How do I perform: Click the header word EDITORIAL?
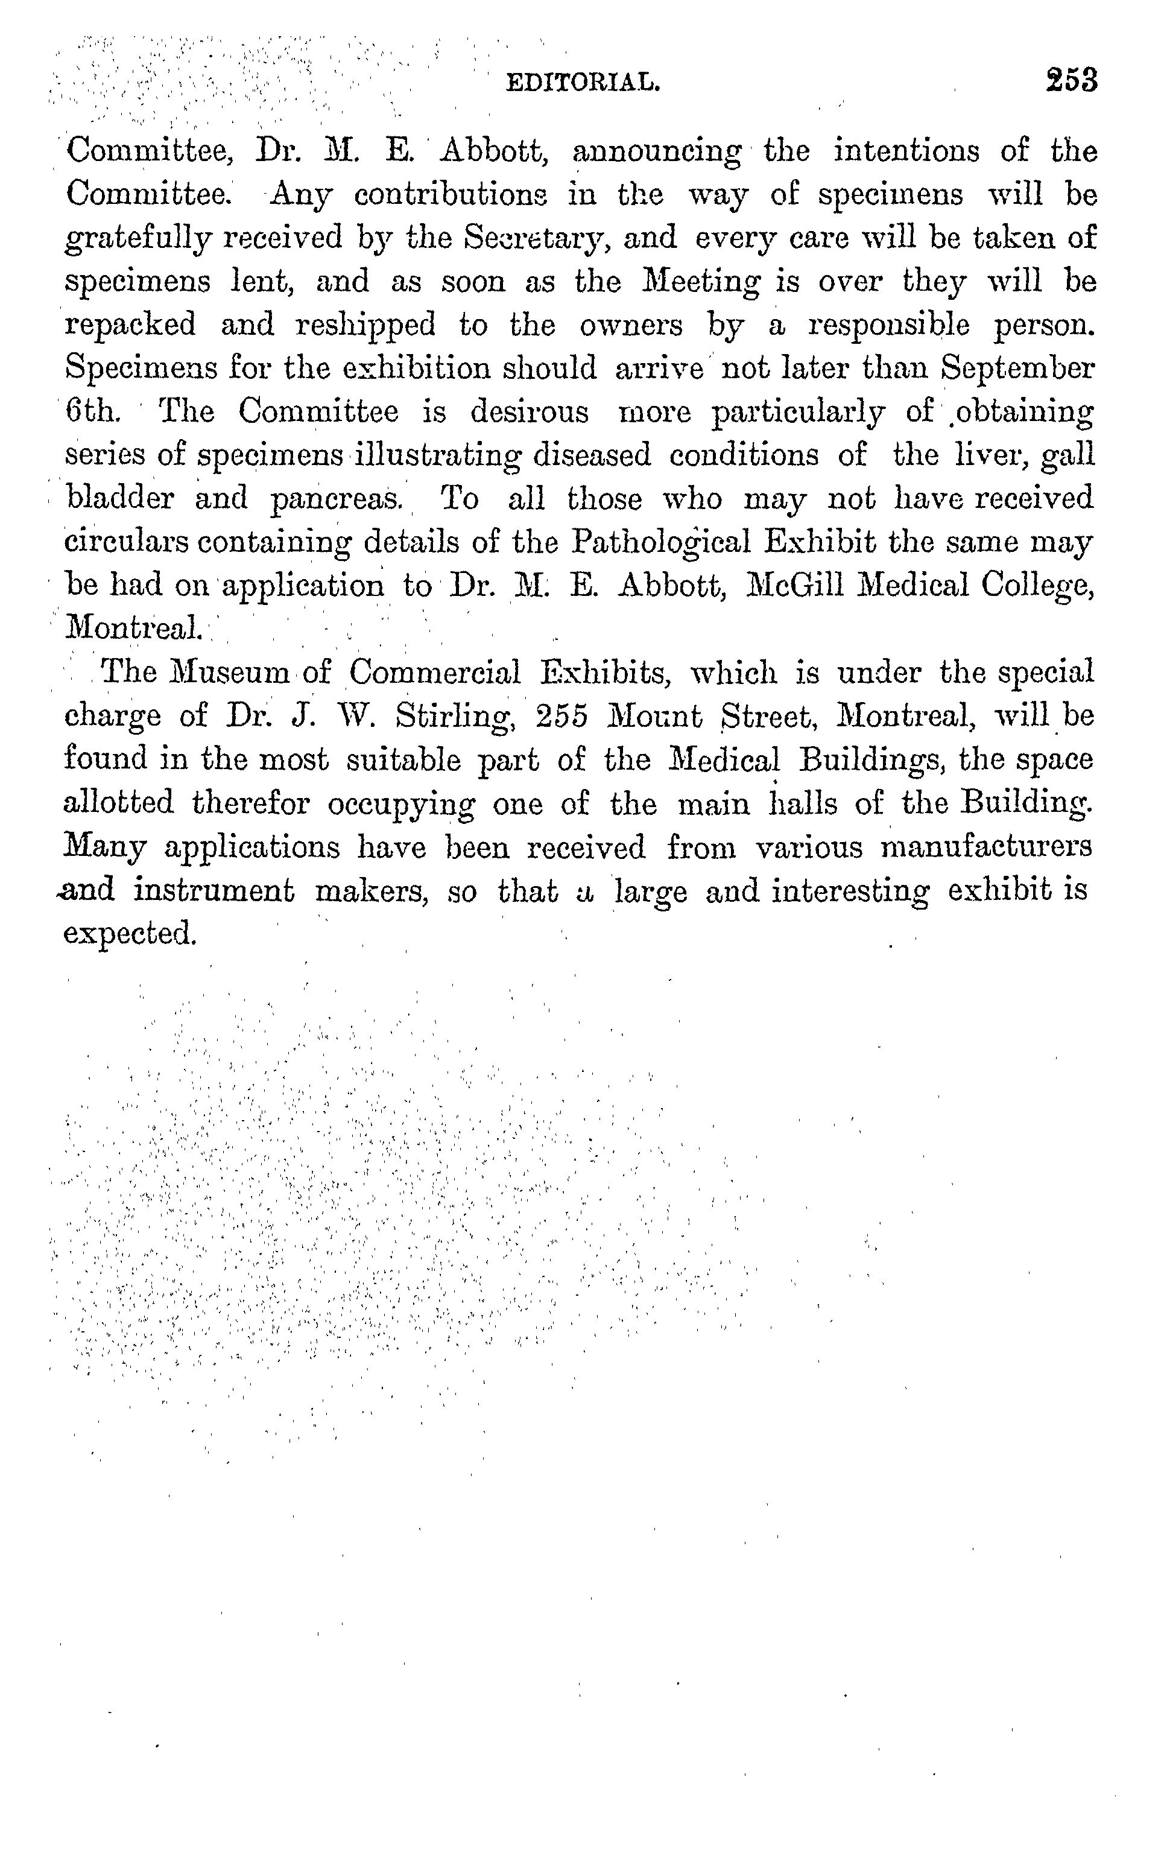tap(583, 82)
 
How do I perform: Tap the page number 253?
tap(1071, 80)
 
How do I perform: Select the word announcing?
tap(657, 152)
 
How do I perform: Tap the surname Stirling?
tap(455, 716)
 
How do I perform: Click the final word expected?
tap(130, 934)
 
